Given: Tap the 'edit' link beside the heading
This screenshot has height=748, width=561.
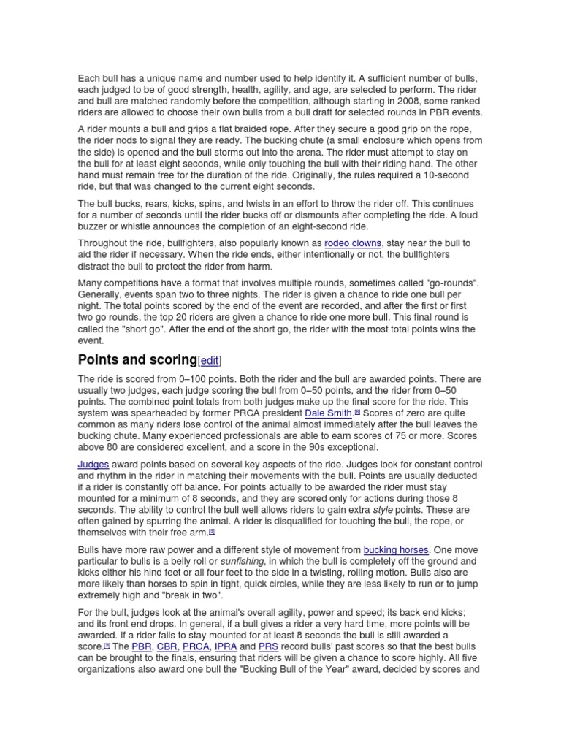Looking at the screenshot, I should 209,361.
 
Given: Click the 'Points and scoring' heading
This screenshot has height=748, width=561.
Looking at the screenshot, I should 137,360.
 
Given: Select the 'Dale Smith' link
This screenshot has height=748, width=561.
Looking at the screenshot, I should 329,413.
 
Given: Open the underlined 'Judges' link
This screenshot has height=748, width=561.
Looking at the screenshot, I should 93,465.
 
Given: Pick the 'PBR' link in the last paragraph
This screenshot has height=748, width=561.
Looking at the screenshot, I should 141,646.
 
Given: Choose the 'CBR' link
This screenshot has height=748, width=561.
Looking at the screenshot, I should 167,646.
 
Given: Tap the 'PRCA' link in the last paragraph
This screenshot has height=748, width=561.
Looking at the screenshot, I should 196,646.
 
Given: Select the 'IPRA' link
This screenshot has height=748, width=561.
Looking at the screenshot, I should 225,646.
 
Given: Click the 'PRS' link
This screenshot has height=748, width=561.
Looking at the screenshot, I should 268,646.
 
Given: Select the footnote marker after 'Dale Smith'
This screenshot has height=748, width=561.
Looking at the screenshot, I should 358,411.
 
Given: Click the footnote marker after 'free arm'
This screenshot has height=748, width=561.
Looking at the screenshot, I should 212,531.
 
